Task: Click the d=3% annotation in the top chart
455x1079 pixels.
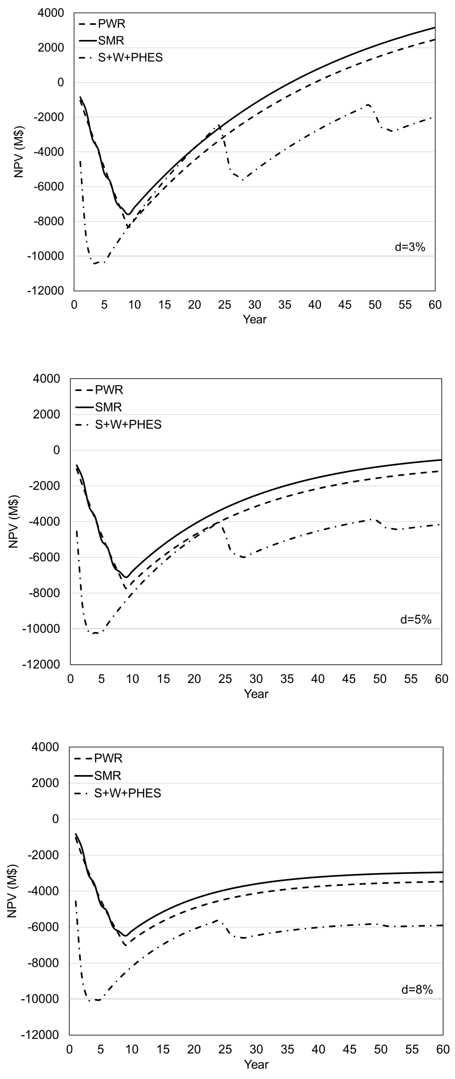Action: pyautogui.click(x=410, y=247)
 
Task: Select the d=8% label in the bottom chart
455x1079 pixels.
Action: pyautogui.click(x=417, y=989)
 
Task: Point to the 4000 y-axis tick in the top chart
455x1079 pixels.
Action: pyautogui.click(x=51, y=13)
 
